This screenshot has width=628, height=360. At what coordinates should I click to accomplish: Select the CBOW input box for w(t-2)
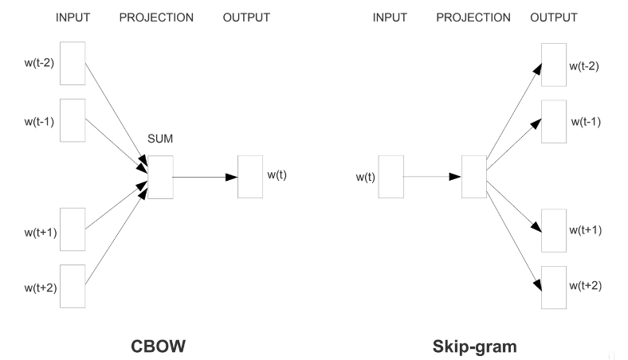click(73, 62)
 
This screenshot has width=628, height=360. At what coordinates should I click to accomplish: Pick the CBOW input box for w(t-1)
click(73, 119)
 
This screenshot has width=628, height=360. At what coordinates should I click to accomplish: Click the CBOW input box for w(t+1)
click(73, 229)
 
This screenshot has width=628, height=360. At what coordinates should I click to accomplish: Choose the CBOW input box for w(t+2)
click(73, 286)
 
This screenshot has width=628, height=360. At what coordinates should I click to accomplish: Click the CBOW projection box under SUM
click(159, 176)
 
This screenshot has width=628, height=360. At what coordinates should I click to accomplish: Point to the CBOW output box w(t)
click(249, 176)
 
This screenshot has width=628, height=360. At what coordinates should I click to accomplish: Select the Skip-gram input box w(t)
click(391, 176)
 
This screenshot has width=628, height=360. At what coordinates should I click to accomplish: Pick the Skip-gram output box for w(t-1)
click(554, 121)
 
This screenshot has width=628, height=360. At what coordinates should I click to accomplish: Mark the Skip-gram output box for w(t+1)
click(554, 231)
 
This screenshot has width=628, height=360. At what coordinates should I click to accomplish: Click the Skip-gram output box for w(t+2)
click(554, 287)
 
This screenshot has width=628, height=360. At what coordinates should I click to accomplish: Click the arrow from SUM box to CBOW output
click(205, 176)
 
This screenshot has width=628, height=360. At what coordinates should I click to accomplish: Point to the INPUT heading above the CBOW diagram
click(73, 18)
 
